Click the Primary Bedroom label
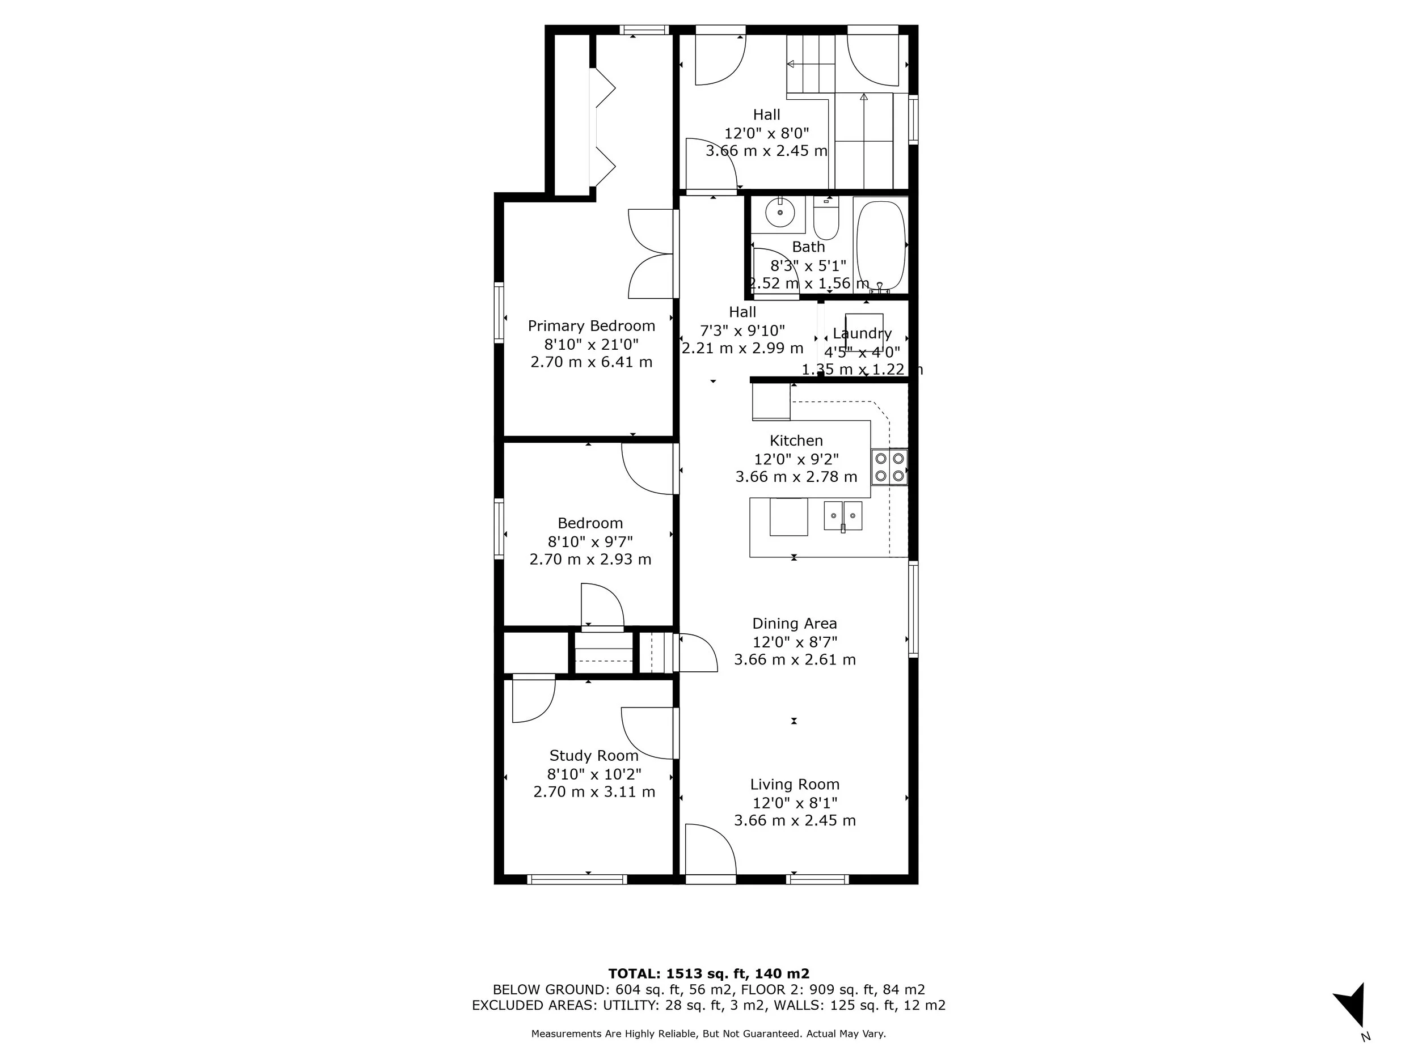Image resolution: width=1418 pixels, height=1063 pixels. pyautogui.click(x=591, y=325)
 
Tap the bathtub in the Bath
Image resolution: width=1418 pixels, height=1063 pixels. pyautogui.click(x=881, y=245)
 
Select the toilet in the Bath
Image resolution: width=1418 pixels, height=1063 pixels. pyautogui.click(x=826, y=220)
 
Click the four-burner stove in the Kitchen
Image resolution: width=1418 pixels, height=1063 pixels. pyautogui.click(x=890, y=467)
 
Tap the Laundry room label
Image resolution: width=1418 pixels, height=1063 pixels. pyautogui.click(x=862, y=333)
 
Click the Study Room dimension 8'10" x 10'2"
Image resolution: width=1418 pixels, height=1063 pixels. pyautogui.click(x=594, y=773)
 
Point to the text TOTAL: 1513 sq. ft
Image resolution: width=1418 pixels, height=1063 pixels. pyautogui.click(x=708, y=973)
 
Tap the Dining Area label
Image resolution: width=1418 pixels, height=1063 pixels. pyautogui.click(x=794, y=624)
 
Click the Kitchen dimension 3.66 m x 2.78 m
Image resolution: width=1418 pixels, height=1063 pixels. pyautogui.click(x=796, y=477)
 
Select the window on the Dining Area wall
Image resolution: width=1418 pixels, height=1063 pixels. pyautogui.click(x=914, y=609)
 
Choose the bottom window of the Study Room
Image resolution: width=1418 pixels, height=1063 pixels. pyautogui.click(x=577, y=880)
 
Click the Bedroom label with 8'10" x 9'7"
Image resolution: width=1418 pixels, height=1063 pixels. pyautogui.click(x=590, y=523)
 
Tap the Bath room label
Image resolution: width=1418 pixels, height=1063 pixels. pyautogui.click(x=808, y=247)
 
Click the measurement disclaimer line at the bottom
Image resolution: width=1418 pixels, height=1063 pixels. pyautogui.click(x=708, y=1034)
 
